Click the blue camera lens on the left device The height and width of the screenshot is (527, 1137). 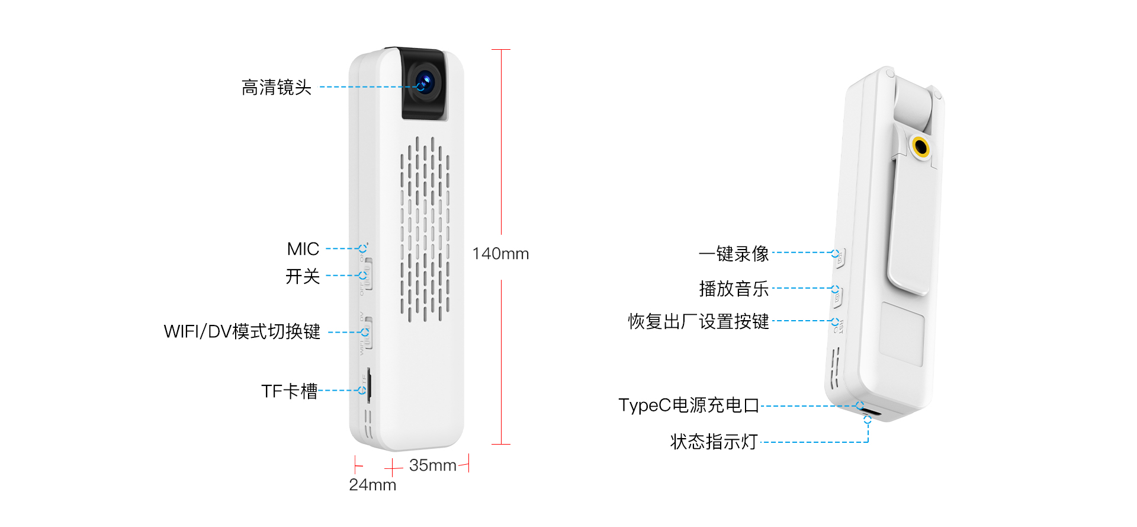point(425,82)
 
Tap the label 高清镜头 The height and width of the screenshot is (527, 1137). point(276,88)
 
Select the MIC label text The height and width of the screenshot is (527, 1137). point(303,249)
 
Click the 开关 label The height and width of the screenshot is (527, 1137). point(302,276)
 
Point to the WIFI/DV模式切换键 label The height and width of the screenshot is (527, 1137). point(242,331)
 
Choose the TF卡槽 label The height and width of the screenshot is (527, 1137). point(289,391)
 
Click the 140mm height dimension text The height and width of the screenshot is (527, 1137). point(500,254)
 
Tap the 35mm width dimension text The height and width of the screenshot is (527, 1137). point(432,465)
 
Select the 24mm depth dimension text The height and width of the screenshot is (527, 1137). point(372,485)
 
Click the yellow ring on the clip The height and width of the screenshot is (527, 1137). point(920,146)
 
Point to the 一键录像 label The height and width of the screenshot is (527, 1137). point(733,254)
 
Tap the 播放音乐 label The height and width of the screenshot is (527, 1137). point(733,289)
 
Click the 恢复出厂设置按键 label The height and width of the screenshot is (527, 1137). point(698,321)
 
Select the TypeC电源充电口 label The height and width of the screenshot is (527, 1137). point(688,405)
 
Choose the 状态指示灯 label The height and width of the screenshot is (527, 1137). point(714,442)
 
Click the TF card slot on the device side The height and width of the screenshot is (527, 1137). point(369,385)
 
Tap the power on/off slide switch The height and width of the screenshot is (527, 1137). point(368,274)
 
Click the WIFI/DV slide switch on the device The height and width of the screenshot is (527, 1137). point(368,332)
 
